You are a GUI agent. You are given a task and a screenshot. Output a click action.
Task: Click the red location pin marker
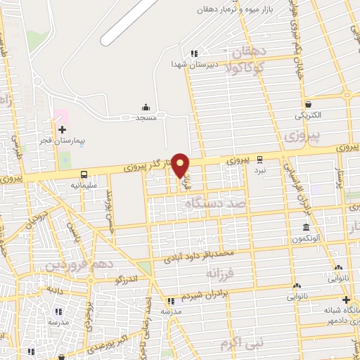click(181, 165)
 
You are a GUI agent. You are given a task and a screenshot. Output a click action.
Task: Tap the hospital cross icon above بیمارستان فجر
click(63, 129)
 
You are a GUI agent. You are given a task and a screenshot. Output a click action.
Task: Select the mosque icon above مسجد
click(146, 107)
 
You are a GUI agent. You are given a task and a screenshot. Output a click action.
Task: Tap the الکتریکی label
click(308, 114)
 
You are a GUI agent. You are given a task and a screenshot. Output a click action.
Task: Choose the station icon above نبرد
click(259, 159)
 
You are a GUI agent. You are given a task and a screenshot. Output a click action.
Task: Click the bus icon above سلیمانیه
click(84, 174)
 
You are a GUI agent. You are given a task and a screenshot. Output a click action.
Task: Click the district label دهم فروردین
click(70, 264)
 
